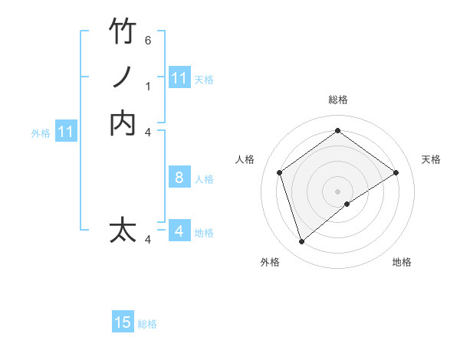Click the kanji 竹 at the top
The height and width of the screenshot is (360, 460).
coord(123,31)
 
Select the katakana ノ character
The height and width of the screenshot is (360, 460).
coord(123,77)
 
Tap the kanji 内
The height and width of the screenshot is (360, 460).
coord(123,123)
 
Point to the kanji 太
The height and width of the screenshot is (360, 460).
coord(123,231)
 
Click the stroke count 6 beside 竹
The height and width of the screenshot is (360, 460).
coord(148,40)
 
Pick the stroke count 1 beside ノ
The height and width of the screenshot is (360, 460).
coord(148,86)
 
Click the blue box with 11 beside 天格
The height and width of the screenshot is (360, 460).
coord(179,78)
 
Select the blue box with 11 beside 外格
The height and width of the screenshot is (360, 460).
coord(66,133)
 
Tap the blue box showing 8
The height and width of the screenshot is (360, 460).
coord(179,178)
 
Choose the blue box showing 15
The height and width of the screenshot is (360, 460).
coord(123,323)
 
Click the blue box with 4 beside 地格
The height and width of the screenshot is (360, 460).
coord(179,231)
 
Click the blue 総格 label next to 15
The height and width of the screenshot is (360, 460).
coord(147,324)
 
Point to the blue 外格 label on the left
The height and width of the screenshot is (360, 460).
coord(41,133)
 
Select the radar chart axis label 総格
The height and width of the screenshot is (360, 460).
coord(338,100)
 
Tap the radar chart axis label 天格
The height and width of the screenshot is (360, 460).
coord(431,159)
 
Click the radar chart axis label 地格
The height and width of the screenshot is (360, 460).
coord(402,262)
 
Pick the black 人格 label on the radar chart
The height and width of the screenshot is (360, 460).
coord(245,159)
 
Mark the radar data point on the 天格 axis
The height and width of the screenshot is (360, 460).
coord(396,172)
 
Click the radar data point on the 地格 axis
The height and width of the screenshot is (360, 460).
coord(347,204)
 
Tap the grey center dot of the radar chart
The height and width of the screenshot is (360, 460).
coord(337,191)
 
